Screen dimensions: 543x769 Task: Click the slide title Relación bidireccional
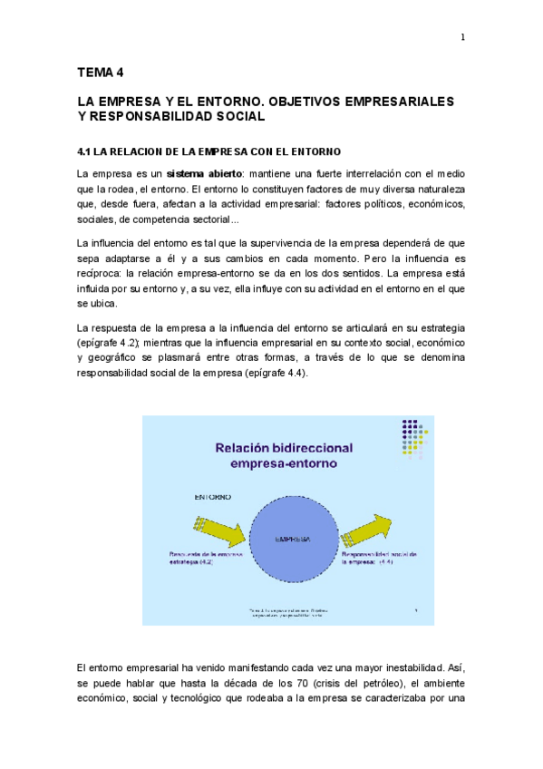pyautogui.click(x=283, y=448)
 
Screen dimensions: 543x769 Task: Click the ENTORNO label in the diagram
pyautogui.click(x=213, y=498)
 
